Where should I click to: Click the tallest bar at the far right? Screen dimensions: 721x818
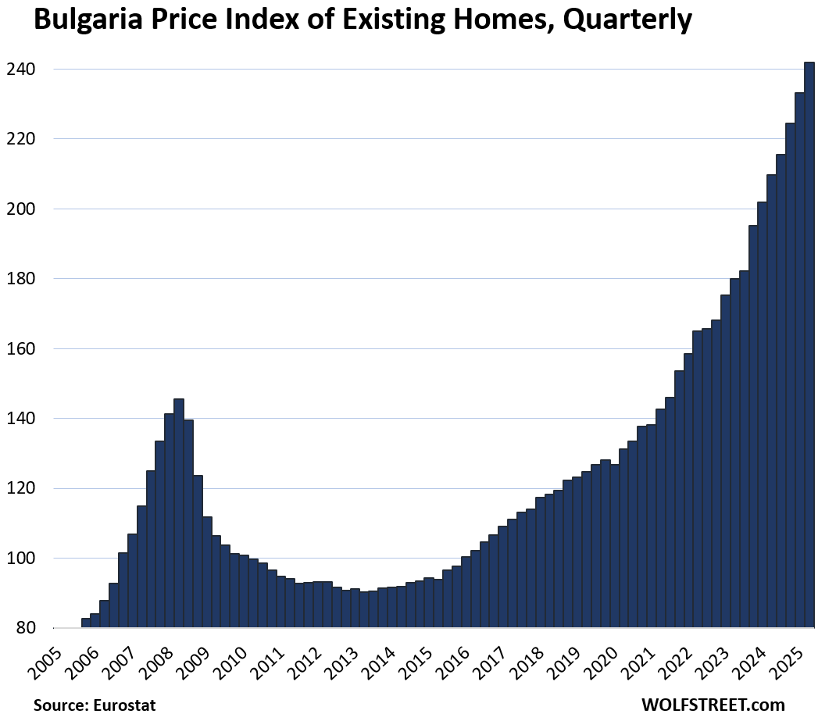[809, 344]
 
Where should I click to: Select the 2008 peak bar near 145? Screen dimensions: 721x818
[179, 512]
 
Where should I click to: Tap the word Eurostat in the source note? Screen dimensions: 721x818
[125, 705]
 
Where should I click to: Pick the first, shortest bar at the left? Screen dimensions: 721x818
[85, 623]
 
